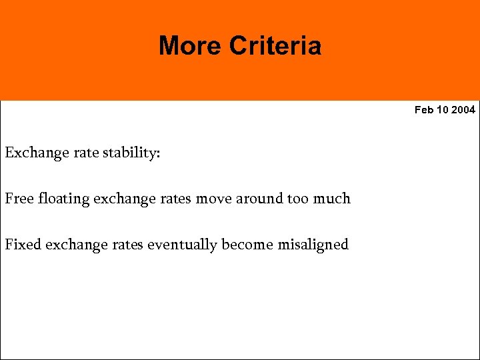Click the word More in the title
[190, 46]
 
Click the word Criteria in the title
[275, 46]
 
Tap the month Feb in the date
[424, 110]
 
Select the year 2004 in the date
[463, 110]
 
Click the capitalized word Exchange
[36, 153]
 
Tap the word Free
[19, 199]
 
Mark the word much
[333, 199]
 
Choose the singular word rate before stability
[85, 153]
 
